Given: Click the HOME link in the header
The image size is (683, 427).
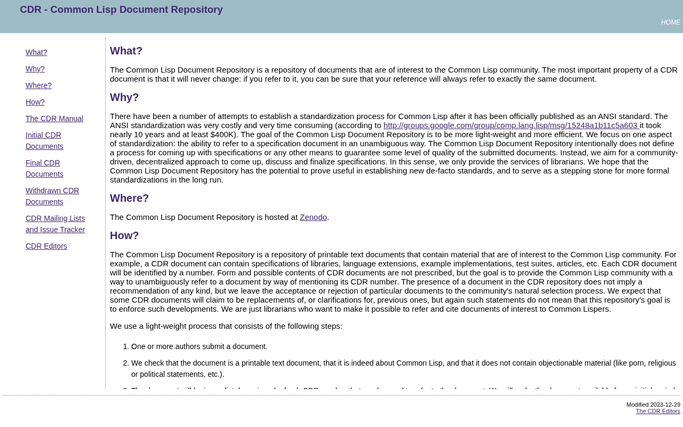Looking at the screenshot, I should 670,22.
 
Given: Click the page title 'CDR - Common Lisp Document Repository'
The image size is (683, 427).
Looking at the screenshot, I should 121,10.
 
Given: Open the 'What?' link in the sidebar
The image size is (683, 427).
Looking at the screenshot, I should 36,52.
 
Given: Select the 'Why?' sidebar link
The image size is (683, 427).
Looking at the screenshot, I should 35,69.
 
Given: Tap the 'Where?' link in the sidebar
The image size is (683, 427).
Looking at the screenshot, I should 38,85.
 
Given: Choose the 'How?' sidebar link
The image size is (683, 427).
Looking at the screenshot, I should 35,102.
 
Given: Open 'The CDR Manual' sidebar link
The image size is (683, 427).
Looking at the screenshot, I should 54,118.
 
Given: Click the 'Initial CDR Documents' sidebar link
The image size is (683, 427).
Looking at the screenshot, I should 44,141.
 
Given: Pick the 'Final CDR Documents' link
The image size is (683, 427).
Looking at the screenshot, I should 44,169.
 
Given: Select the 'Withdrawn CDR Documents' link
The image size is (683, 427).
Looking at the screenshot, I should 52,196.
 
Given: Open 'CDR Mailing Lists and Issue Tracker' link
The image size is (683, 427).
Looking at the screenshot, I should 55,224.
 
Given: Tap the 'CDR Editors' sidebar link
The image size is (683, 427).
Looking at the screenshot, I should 46,246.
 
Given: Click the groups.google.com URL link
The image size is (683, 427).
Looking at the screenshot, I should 511,125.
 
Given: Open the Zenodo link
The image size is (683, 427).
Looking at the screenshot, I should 313,217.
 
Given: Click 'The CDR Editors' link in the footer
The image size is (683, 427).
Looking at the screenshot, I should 658,411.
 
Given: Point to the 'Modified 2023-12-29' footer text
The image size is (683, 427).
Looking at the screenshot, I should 653,405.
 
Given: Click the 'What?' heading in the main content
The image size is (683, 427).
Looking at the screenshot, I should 126,51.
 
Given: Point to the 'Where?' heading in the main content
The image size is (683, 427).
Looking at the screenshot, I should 129,198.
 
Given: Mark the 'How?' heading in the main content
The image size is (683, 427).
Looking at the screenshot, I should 124,235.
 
